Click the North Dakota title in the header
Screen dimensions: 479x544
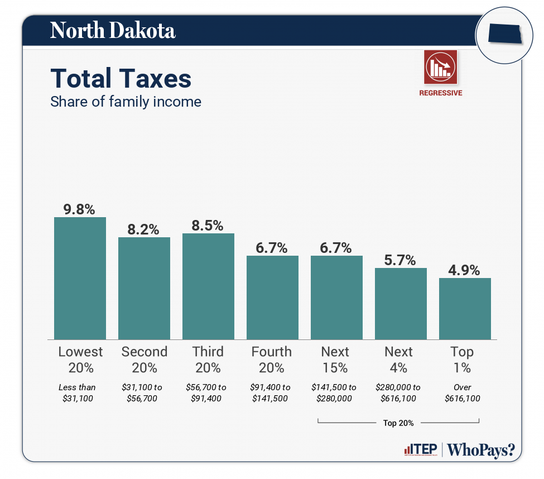click(x=113, y=31)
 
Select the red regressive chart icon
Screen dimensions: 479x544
click(x=440, y=66)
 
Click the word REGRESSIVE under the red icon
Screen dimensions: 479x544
click(x=440, y=93)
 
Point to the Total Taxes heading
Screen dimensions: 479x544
click(x=121, y=79)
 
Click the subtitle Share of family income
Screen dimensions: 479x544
click(x=126, y=102)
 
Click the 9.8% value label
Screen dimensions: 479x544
click(x=79, y=209)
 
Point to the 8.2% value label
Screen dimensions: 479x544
click(x=143, y=229)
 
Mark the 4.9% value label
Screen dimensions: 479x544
click(x=465, y=270)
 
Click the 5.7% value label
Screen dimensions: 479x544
click(x=401, y=260)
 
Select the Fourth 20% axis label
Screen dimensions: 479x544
click(x=272, y=360)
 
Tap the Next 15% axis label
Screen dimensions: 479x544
click(x=335, y=360)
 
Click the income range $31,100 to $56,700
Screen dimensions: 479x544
click(x=144, y=392)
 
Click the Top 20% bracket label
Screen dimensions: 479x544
click(x=398, y=423)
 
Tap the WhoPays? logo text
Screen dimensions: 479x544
click(x=482, y=449)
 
